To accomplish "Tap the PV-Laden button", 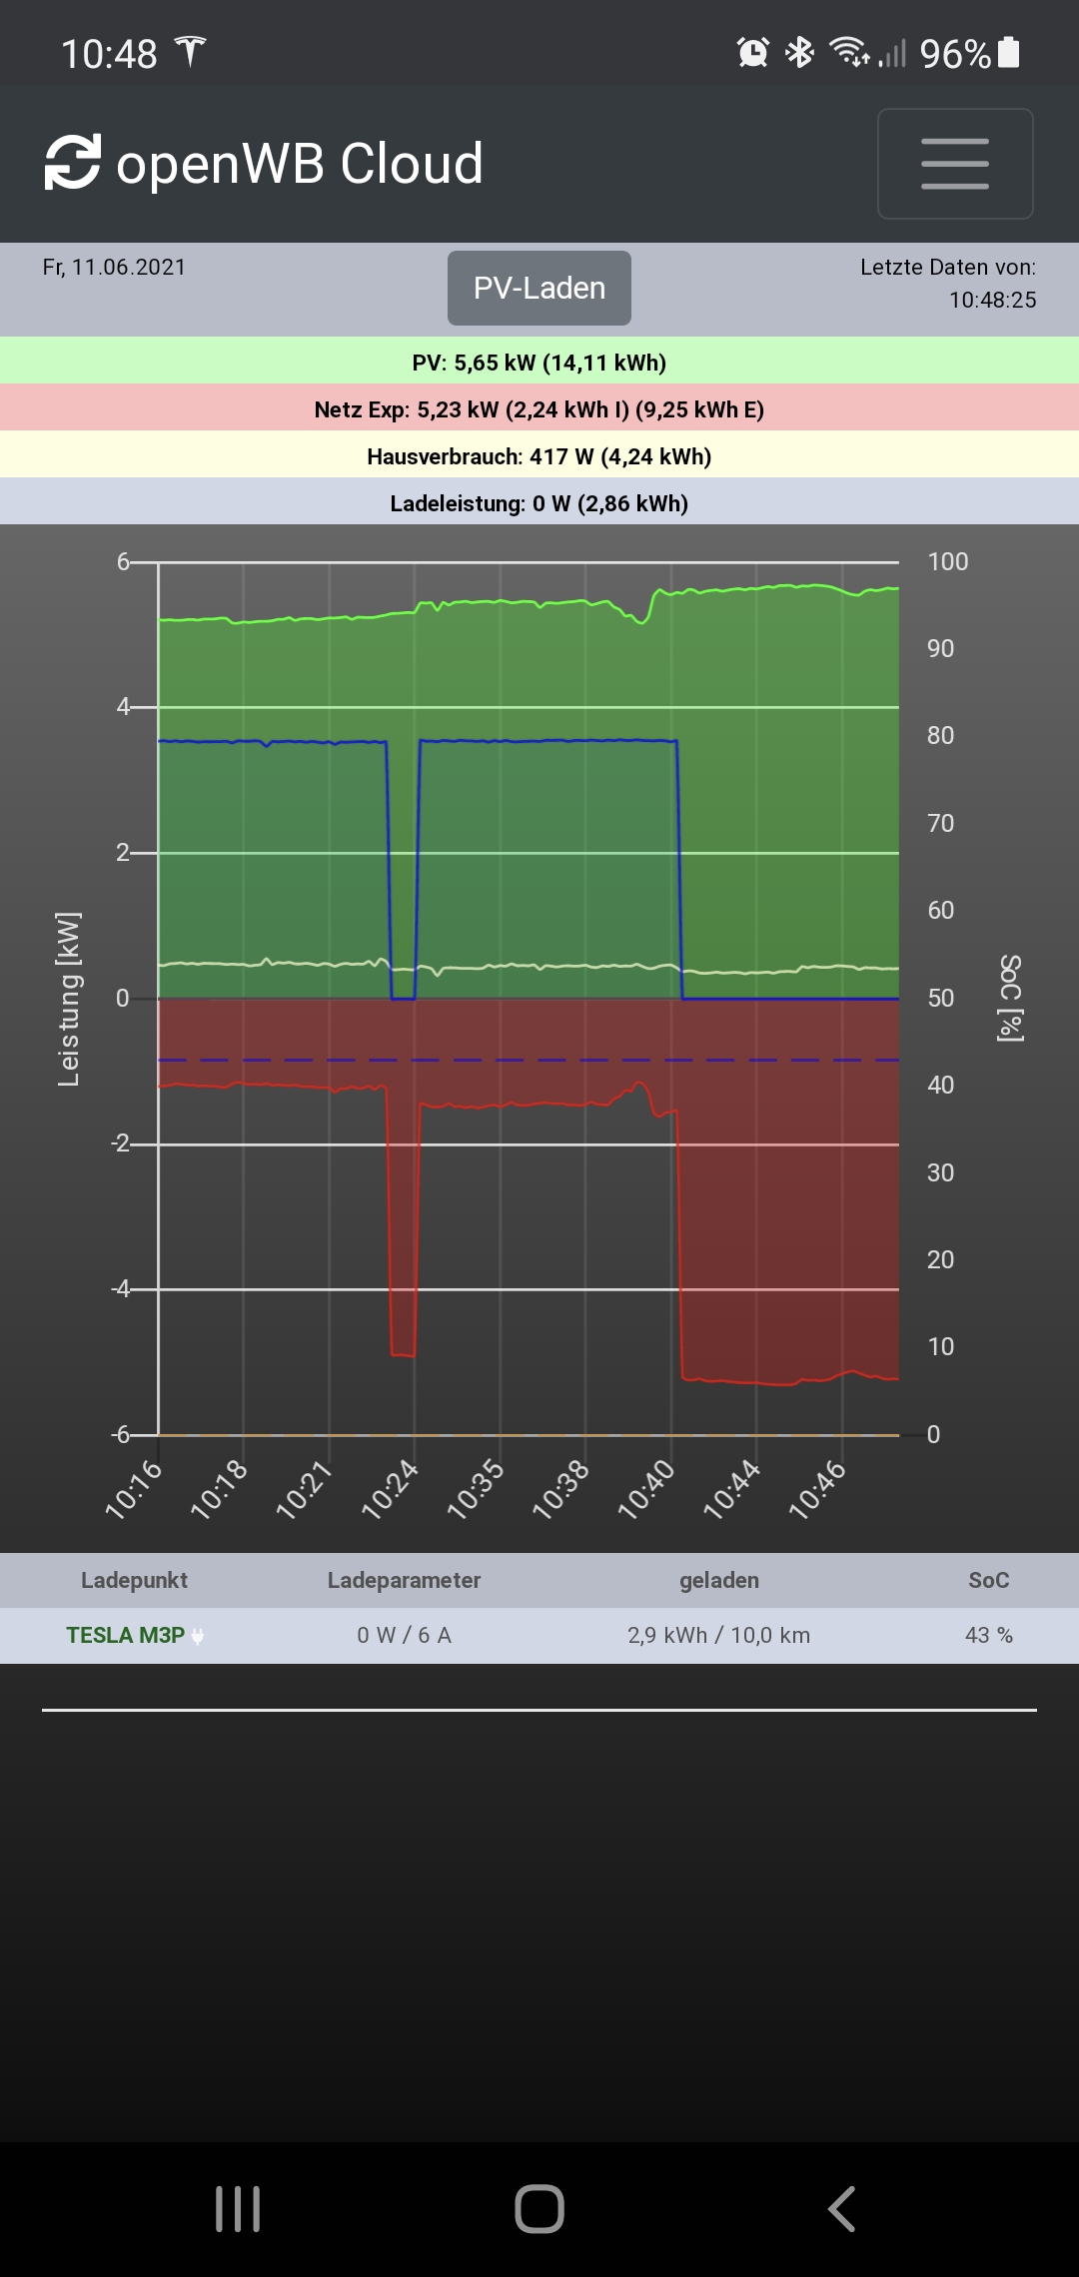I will coord(539,288).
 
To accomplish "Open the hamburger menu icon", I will coord(954,164).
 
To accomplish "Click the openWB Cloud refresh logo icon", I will coord(73,163).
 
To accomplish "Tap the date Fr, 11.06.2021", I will coord(114,268).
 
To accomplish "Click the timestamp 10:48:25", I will coord(992,301).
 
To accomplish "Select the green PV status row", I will coord(539,362).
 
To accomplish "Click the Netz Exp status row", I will coord(539,409).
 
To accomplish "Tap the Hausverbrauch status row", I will coord(539,456).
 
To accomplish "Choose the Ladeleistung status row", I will coord(539,503).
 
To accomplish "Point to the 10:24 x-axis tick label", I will coord(390,1489).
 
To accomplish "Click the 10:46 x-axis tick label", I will coord(817,1489).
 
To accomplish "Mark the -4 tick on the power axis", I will coord(121,1289).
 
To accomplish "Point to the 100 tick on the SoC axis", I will coord(947,562).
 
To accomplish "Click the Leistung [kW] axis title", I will coord(68,999).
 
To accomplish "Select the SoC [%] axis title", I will coord(1010,999).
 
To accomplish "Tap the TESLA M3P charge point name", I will coord(126,1636).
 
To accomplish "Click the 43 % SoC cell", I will coord(988,1636).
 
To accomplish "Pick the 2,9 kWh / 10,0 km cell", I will coord(718,1636).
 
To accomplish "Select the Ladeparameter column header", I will coord(404,1581).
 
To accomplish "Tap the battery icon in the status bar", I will coord(1009,52).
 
